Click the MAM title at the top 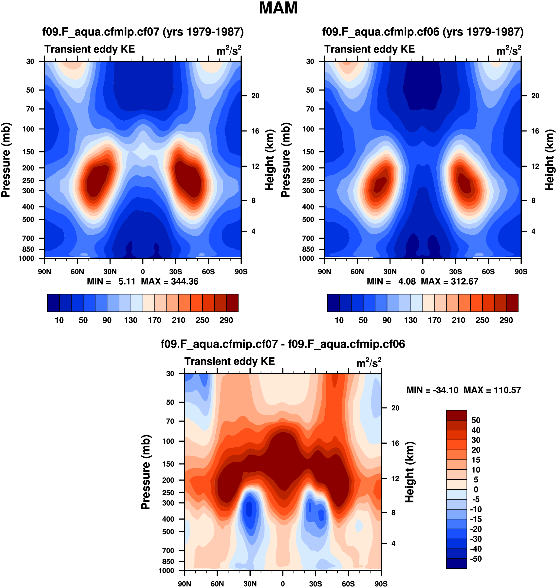tap(278, 8)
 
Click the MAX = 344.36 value tap(169, 281)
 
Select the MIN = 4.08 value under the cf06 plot tap(391, 281)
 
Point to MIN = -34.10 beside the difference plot tap(432, 390)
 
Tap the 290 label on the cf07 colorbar tap(226, 320)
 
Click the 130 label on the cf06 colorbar tap(411, 320)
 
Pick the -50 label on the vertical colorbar tap(476, 559)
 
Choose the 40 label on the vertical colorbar tap(476, 430)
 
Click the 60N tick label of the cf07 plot tap(77, 272)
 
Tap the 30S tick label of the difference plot tap(315, 584)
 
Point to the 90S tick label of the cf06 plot tap(521, 272)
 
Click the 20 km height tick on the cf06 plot tap(535, 96)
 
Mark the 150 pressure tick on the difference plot tap(168, 464)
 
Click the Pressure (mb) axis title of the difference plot tap(146, 472)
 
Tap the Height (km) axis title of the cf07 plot tap(269, 160)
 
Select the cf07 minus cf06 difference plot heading tap(283, 344)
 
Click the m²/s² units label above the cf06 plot tap(509, 51)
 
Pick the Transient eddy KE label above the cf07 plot tap(90, 49)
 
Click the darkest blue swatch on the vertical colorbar tap(456, 563)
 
